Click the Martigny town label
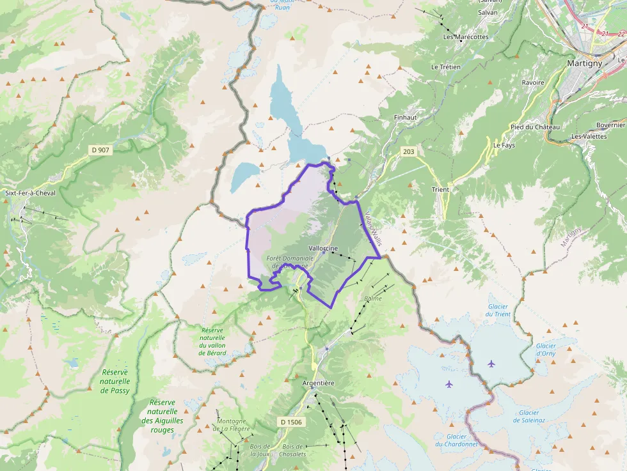coord(584,63)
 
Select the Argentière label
coord(318,383)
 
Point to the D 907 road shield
coord(100,150)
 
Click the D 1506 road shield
coord(290,422)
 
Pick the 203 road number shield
coord(408,151)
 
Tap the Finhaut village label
coord(406,118)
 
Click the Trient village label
coord(440,189)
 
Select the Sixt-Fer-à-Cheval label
coord(30,192)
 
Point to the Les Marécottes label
coord(466,37)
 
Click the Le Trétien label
coord(446,66)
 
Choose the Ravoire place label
coord(533,82)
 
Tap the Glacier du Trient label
coord(498,309)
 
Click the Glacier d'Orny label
coord(546,349)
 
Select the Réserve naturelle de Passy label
coord(115,382)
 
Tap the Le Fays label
coord(504,145)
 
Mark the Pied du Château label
coord(535,127)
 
